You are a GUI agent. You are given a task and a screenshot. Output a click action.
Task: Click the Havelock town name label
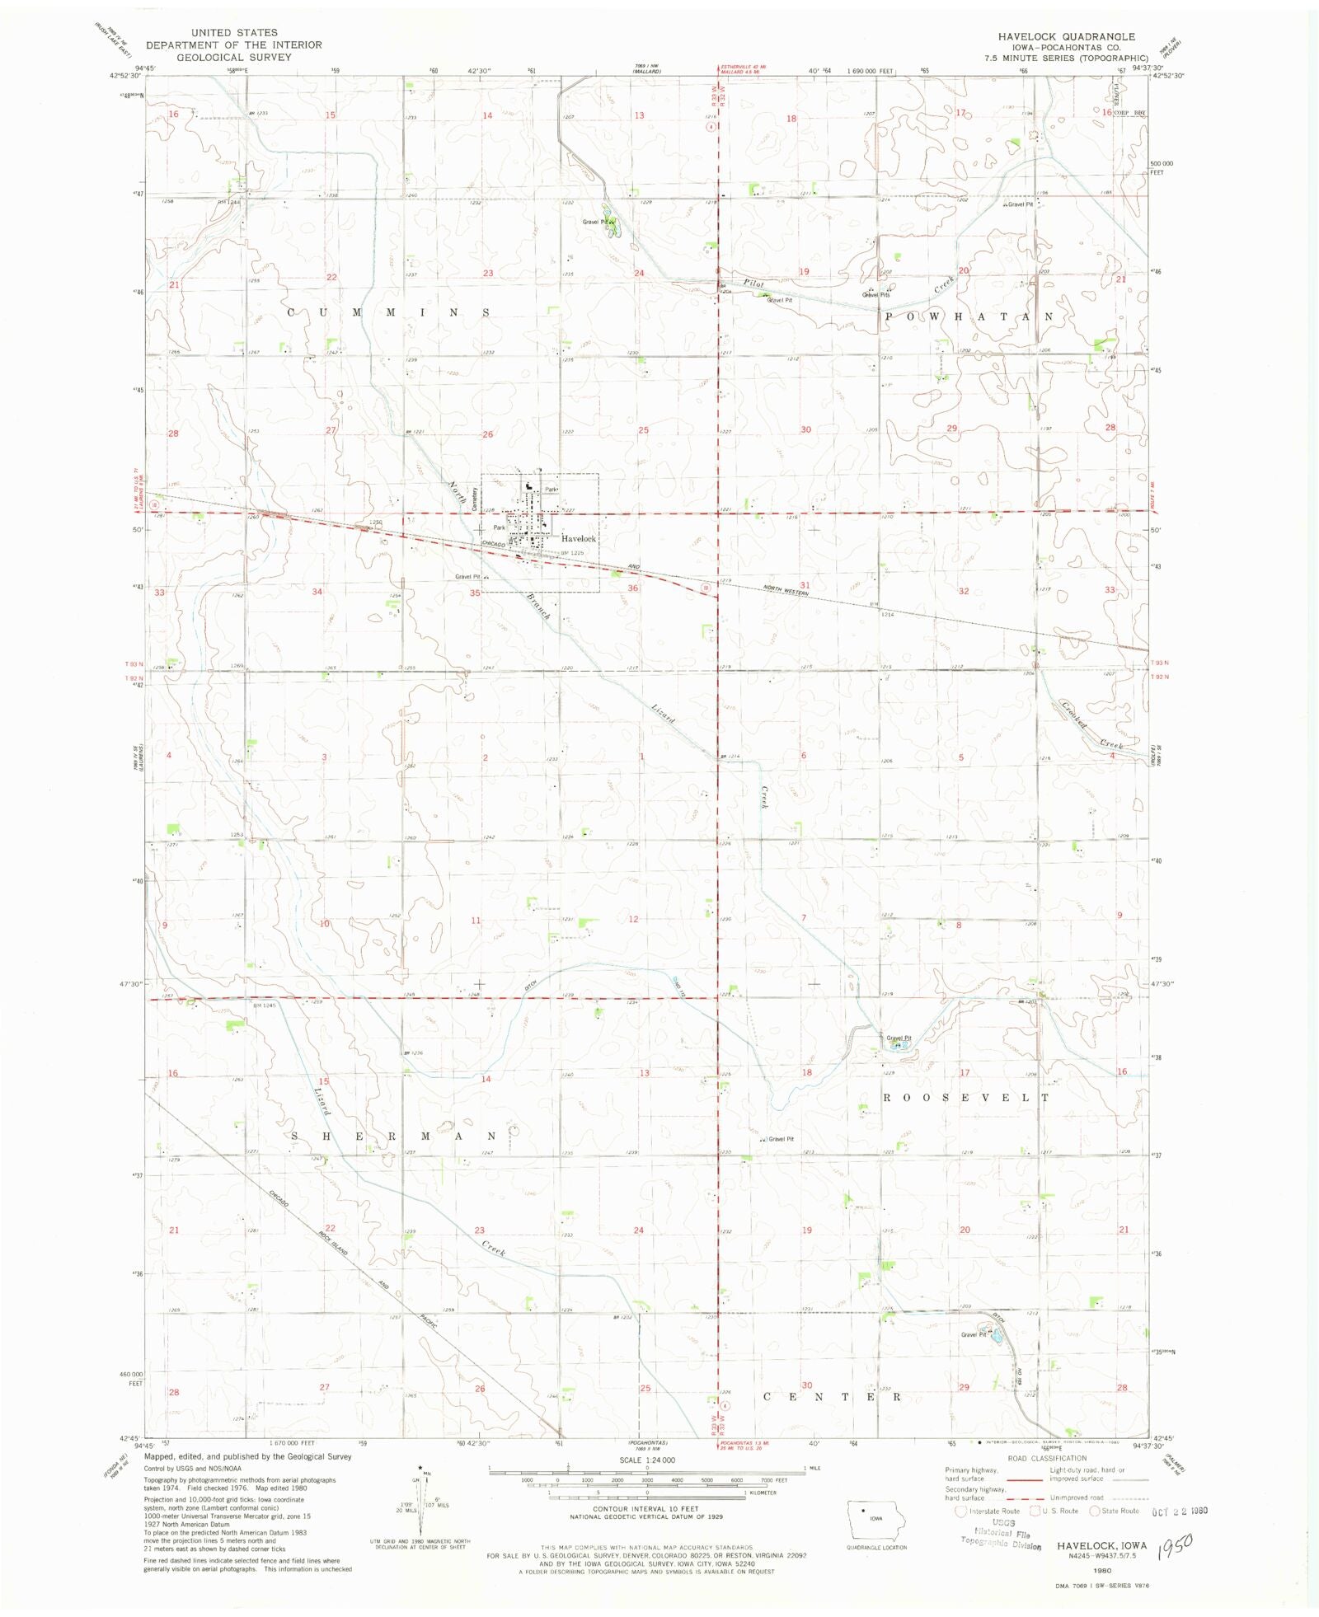579,538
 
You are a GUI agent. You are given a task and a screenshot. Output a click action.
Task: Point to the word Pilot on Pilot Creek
753,283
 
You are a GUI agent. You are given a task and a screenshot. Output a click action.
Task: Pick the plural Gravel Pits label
875,294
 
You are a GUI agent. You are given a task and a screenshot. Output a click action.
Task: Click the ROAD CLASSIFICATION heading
1047,1458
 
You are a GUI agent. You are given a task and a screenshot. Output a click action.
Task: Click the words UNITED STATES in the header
234,33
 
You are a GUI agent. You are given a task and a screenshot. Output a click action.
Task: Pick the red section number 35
475,593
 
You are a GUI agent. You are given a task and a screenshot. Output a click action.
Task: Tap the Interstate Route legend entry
993,1511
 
